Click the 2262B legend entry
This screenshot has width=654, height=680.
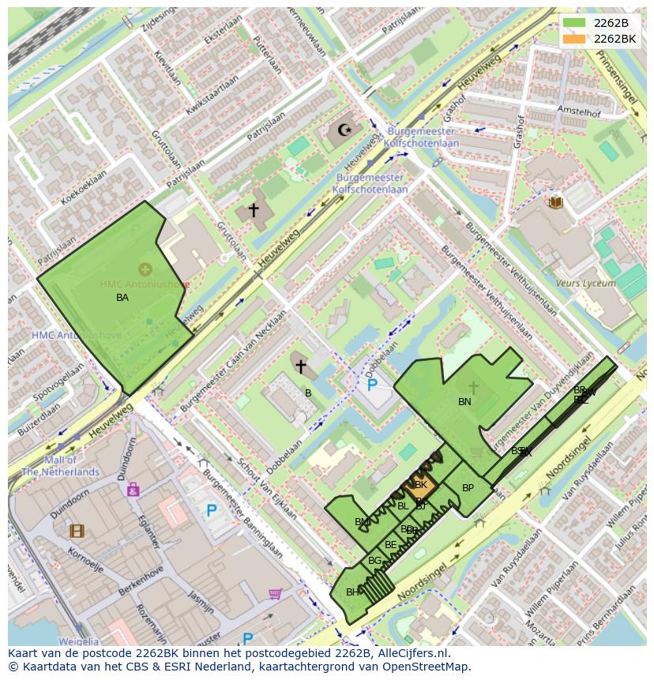(599, 23)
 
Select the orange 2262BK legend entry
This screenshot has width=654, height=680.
(599, 39)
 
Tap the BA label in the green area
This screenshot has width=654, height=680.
(122, 298)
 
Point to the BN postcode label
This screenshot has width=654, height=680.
(464, 402)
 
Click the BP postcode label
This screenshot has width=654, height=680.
(468, 488)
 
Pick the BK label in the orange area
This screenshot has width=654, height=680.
(421, 485)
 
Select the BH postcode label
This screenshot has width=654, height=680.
(352, 592)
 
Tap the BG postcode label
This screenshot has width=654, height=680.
(374, 561)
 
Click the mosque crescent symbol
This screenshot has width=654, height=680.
(344, 130)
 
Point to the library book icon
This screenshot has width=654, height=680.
(555, 202)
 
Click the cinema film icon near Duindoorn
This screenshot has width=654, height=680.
(77, 531)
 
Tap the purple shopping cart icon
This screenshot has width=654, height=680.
(275, 593)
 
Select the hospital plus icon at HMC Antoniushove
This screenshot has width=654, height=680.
(145, 269)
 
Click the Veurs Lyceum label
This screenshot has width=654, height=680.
(585, 283)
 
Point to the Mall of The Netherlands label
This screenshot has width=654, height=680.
(61, 466)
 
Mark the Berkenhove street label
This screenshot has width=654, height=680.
(141, 580)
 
